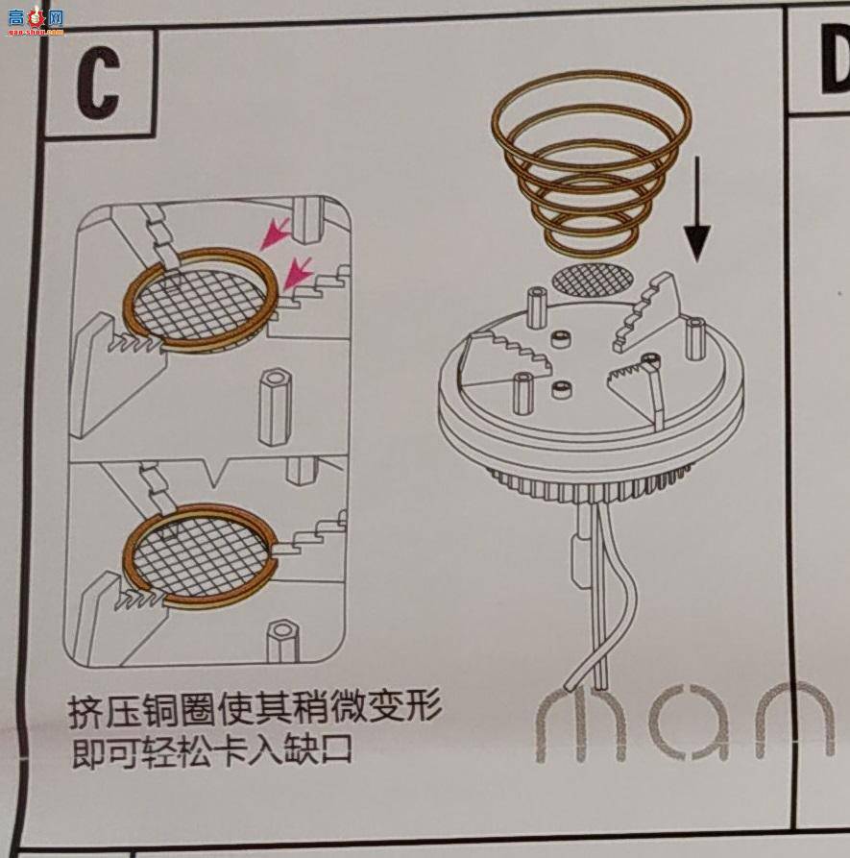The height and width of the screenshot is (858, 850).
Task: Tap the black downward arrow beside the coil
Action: tap(697, 209)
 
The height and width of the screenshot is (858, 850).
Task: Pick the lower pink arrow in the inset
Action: tap(298, 273)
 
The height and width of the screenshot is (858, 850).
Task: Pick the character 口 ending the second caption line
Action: tap(335, 749)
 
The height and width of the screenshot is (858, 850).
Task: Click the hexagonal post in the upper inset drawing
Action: tap(275, 406)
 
